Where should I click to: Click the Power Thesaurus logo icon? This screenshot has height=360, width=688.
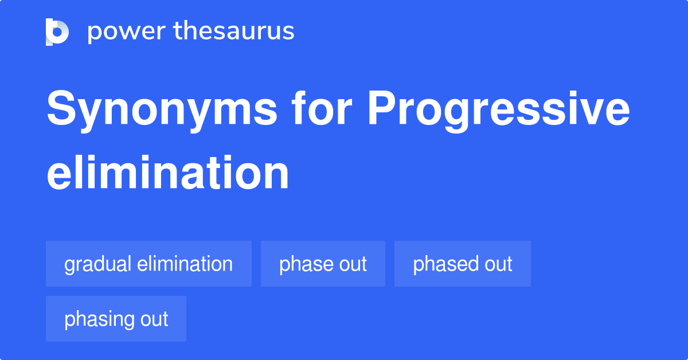coord(57,32)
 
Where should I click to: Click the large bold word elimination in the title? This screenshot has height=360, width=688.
coord(167,173)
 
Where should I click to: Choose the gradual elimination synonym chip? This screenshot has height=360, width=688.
coord(148,264)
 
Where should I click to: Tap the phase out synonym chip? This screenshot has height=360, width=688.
coord(323,264)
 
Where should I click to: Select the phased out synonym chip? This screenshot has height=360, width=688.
coord(462,264)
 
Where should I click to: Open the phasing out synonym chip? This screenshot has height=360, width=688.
coord(116,319)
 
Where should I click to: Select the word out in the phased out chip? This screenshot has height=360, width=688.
coord(497,264)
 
